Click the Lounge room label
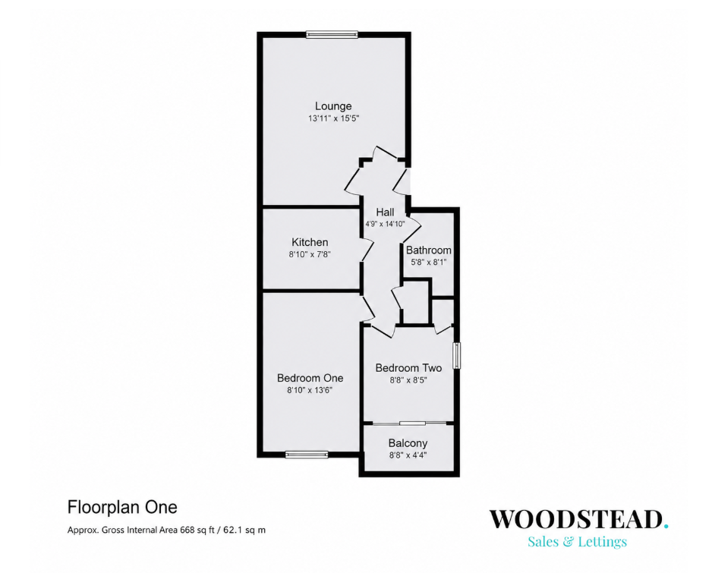click(x=333, y=106)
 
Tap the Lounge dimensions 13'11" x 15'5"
click(x=333, y=118)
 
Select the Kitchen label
click(x=310, y=242)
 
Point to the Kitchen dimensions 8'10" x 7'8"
click(x=310, y=255)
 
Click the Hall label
click(x=385, y=212)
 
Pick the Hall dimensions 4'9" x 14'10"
click(x=385, y=224)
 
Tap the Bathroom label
click(x=429, y=250)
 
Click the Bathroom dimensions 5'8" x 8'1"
click(x=429, y=262)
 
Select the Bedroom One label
click(x=310, y=378)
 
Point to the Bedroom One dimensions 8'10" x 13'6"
click(x=310, y=390)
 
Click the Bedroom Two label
click(x=408, y=368)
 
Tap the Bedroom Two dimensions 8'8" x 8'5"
click(x=408, y=380)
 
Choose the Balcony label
click(x=408, y=443)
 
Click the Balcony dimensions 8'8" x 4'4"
click(x=408, y=455)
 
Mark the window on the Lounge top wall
click(x=332, y=34)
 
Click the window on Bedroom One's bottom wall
click(x=307, y=455)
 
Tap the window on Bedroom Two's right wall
click(x=457, y=356)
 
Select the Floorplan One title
click(x=122, y=507)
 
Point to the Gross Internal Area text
click(x=167, y=530)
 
